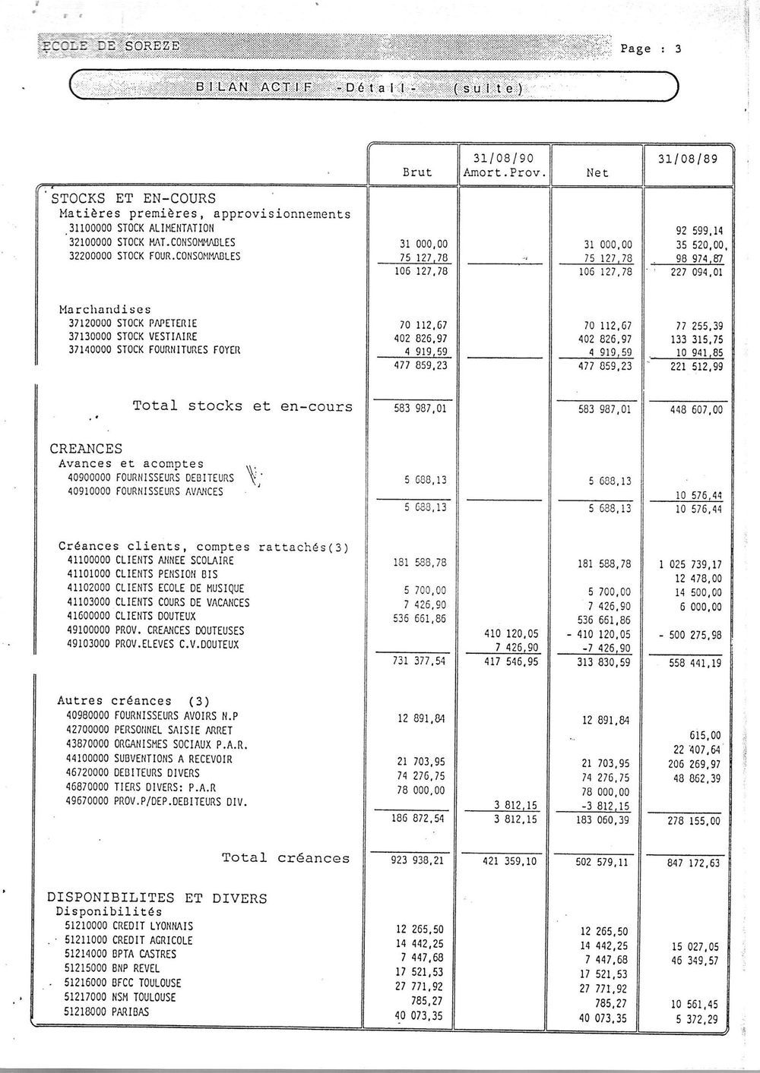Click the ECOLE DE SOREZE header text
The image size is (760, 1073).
[111, 46]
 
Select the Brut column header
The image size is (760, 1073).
[416, 173]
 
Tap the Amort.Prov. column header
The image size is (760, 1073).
[505, 173]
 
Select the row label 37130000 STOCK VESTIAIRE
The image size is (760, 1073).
[133, 336]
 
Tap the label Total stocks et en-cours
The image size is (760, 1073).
[242, 406]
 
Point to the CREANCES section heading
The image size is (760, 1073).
[86, 449]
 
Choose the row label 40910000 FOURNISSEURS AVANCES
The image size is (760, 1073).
[146, 491]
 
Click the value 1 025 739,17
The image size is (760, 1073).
[691, 564]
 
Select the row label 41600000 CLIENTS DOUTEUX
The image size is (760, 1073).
[132, 616]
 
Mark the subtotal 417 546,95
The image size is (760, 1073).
[511, 662]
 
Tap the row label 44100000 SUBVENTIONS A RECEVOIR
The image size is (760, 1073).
[150, 759]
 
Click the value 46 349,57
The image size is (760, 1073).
[695, 961]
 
